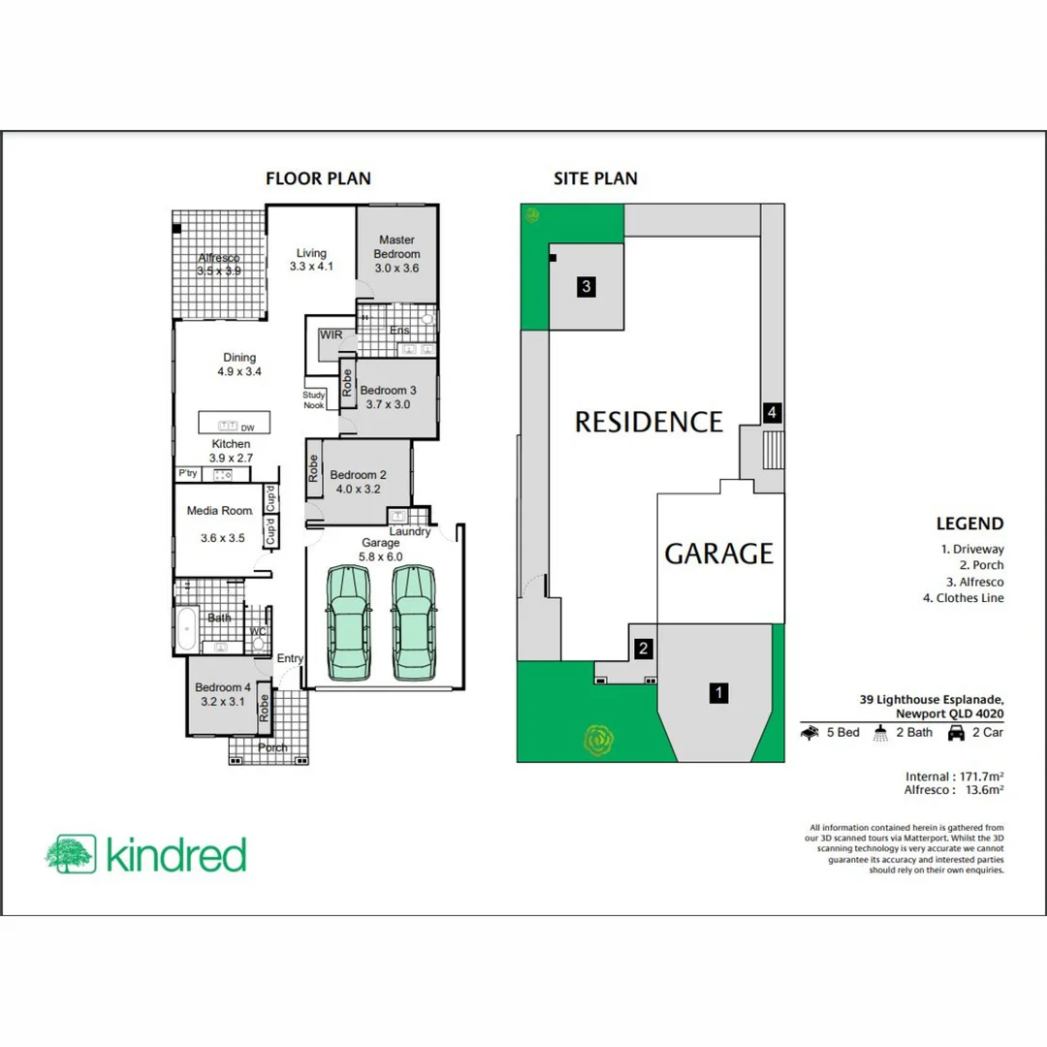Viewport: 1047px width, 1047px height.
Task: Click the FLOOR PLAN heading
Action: pos(318,178)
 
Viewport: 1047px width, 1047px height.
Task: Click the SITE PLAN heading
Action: pos(595,178)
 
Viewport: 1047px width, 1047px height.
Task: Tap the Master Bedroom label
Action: pos(397,247)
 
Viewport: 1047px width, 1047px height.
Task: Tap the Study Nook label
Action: pos(313,399)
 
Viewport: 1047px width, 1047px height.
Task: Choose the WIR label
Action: pos(332,334)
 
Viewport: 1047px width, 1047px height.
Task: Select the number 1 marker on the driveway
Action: pos(718,693)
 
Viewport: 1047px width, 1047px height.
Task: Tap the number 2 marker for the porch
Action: pos(643,649)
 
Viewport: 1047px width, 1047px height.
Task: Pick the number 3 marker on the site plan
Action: pos(587,286)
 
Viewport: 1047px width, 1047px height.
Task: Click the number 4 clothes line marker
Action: pos(772,412)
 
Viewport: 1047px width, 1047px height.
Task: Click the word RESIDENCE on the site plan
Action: pos(649,422)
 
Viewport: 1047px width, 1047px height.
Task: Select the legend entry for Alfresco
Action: pos(975,582)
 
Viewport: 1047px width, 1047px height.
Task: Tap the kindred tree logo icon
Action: pos(70,854)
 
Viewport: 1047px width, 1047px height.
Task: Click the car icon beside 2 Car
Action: pos(956,733)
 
